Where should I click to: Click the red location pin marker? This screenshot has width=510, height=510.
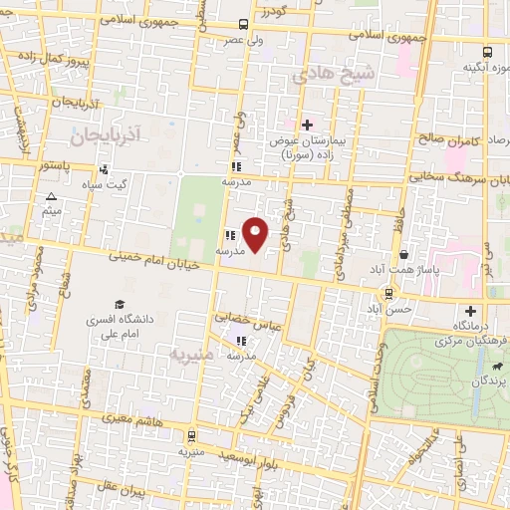click(256, 234)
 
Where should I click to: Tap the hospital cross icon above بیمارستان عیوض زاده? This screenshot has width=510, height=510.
click(307, 125)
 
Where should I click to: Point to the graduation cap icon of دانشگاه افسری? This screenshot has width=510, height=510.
click(121, 303)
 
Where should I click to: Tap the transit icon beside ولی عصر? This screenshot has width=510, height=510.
click(244, 24)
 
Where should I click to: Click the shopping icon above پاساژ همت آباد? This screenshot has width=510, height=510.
click(402, 255)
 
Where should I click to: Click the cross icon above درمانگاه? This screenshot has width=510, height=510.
click(470, 311)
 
